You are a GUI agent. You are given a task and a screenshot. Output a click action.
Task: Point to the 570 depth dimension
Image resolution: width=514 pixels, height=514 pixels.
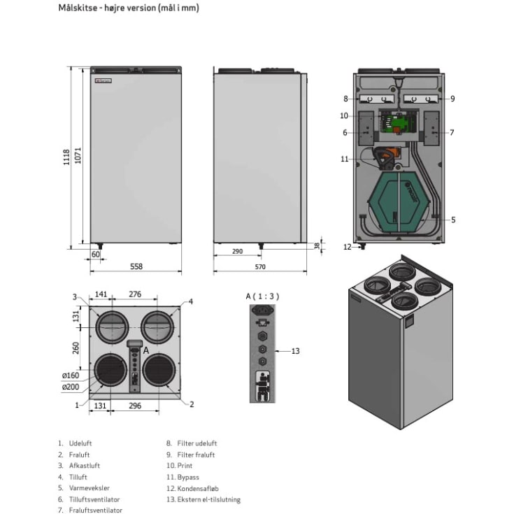coord(259,266)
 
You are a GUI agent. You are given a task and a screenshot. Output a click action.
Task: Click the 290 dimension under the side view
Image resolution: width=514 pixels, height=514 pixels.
coord(237,250)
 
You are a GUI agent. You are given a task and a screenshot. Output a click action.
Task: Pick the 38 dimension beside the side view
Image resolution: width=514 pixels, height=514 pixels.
coord(316,246)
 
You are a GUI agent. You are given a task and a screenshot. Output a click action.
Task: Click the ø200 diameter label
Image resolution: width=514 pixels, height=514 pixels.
coord(70,387)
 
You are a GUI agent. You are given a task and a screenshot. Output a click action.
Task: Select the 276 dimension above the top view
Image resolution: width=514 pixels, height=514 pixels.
coord(136,295)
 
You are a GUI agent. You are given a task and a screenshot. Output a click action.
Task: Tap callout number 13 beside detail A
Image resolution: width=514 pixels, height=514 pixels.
coord(295,351)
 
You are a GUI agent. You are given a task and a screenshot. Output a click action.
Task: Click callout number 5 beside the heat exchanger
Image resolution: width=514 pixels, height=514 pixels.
coord(453,220)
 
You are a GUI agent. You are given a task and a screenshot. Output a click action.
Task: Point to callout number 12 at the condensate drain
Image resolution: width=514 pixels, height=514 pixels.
coord(348,246)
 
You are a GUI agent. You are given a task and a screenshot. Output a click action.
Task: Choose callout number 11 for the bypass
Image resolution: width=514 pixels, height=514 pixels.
coord(344,159)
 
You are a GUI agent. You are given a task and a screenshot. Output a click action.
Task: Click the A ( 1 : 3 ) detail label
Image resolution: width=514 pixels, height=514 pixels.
coord(262,296)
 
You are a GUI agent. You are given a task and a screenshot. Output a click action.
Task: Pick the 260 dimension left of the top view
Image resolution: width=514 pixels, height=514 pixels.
coord(76,348)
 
